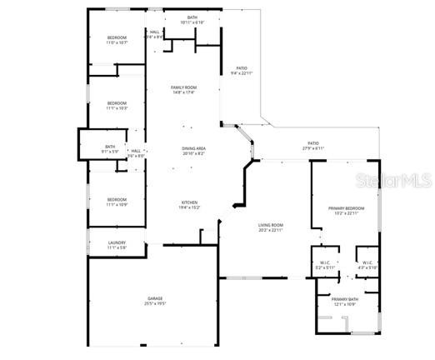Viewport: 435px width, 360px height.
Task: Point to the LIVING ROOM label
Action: [x=270, y=225]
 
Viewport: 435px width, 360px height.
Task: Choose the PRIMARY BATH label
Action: [x=344, y=298]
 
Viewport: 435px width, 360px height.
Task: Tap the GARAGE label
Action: [x=155, y=297]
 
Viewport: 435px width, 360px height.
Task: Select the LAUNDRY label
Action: [x=117, y=242]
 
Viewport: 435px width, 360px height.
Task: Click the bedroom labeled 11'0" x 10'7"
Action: [x=117, y=37]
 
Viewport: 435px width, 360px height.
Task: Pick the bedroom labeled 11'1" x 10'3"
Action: [x=117, y=103]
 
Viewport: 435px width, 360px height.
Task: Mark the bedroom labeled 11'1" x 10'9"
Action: [x=117, y=199]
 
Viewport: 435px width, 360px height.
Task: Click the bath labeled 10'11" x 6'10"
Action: [x=192, y=17]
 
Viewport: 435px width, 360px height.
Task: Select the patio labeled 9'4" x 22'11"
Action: [x=241, y=68]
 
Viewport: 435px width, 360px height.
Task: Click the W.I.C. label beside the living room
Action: [x=325, y=263]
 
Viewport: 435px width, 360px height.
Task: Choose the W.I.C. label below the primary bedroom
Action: [x=367, y=263]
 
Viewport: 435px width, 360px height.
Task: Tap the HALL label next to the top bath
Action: [x=154, y=32]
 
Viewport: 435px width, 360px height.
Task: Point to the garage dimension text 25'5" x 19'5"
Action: [x=155, y=303]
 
